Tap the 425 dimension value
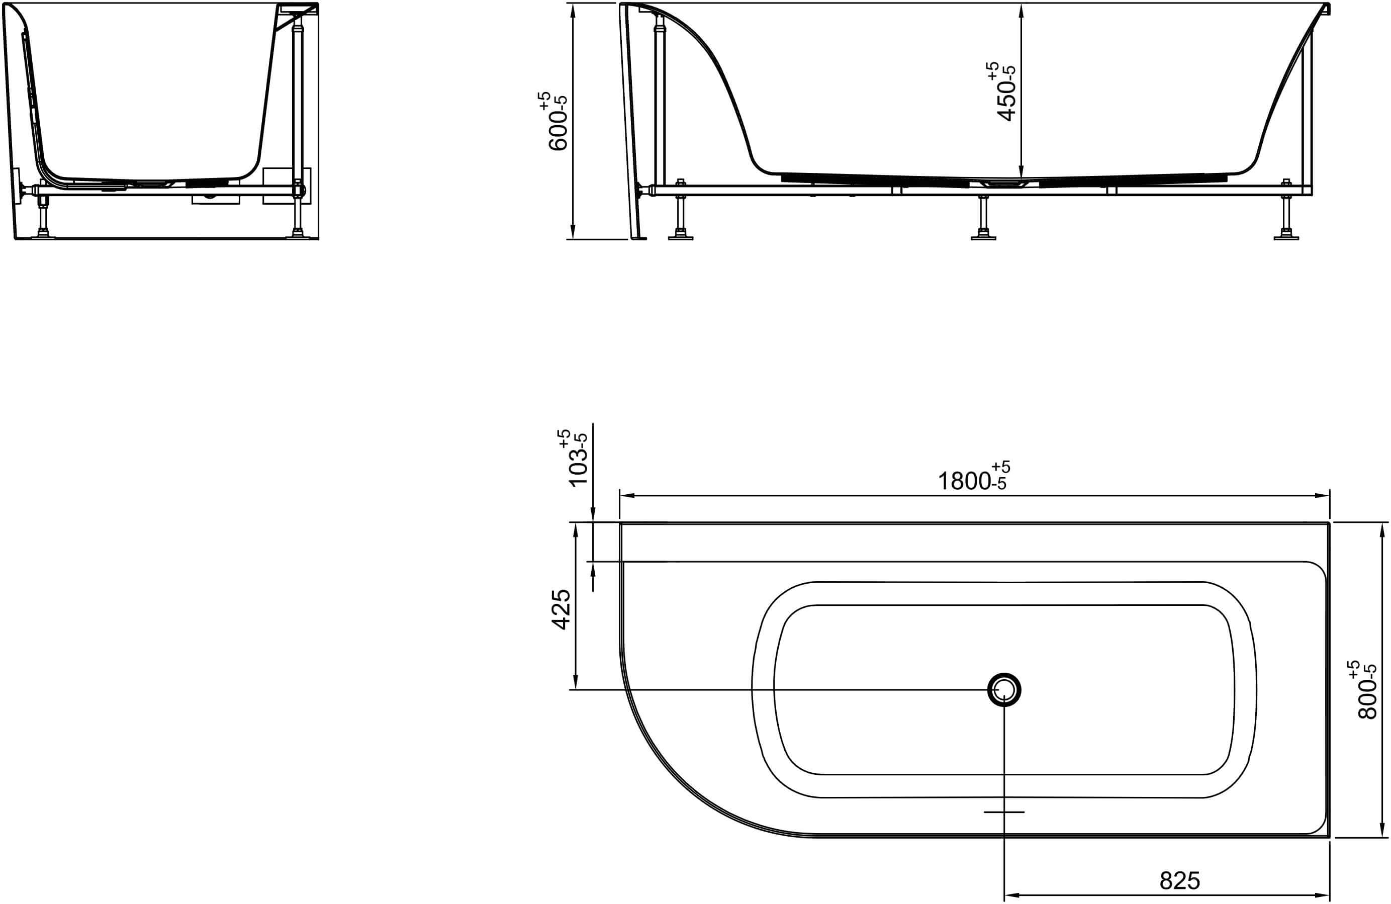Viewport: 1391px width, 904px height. pyautogui.click(x=562, y=609)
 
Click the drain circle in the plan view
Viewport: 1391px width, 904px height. pyautogui.click(x=1004, y=690)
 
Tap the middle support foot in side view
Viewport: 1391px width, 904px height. pyautogui.click(x=983, y=236)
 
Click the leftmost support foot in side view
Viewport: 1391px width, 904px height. pyautogui.click(x=680, y=236)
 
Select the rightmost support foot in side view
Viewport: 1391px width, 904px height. pyautogui.click(x=1286, y=236)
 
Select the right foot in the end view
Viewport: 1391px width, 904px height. pyautogui.click(x=298, y=235)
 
